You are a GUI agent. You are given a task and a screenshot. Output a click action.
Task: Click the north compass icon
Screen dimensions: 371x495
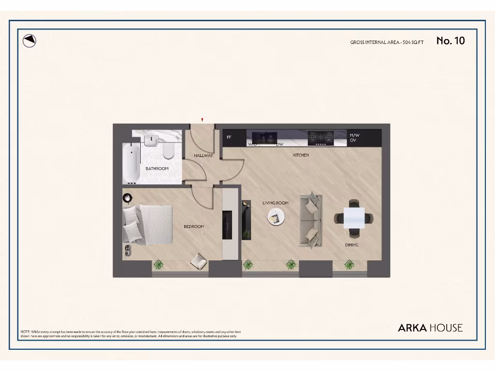point(30,41)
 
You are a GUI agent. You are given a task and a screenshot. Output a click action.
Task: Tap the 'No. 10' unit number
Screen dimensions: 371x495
point(450,41)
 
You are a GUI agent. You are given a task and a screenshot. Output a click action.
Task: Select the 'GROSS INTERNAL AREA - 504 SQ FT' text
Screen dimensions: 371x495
point(387,43)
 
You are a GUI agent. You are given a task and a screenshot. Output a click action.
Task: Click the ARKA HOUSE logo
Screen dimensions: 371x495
point(430,328)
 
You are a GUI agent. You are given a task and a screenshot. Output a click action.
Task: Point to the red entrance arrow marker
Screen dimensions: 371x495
point(202,120)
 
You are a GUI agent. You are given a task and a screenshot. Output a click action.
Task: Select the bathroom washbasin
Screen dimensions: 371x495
point(151,141)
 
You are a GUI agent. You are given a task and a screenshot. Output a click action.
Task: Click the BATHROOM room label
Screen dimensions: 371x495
point(157,169)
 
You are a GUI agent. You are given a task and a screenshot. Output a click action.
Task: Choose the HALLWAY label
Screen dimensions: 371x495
point(204,156)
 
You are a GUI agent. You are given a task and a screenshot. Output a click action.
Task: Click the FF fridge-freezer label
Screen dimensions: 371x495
point(229,137)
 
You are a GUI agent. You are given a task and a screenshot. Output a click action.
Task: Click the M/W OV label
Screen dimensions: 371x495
point(354,138)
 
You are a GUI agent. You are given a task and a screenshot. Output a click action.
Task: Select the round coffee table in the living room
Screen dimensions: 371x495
point(277,218)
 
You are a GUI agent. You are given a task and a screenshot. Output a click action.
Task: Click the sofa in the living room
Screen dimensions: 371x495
point(311,220)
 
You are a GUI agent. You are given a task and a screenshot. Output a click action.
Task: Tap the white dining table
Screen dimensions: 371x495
point(354,218)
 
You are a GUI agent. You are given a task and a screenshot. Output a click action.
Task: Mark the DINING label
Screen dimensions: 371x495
point(351,245)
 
